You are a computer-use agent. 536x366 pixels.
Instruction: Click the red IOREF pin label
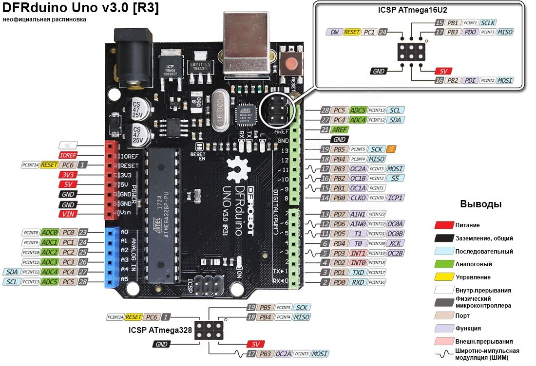(67, 155)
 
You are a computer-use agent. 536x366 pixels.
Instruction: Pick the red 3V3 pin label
(67, 175)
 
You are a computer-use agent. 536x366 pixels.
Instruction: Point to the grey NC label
(67, 145)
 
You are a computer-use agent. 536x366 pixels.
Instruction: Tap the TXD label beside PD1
(358, 273)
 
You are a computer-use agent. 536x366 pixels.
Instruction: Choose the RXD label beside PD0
(358, 282)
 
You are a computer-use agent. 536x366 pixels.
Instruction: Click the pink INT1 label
(358, 253)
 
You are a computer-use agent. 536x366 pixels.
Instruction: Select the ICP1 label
(394, 198)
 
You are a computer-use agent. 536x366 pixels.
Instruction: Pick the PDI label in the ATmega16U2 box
(470, 80)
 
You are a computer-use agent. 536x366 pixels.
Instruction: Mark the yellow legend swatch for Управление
(443, 277)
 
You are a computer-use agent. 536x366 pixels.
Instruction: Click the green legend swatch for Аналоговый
(443, 264)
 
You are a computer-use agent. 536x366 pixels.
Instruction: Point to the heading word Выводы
(481, 204)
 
